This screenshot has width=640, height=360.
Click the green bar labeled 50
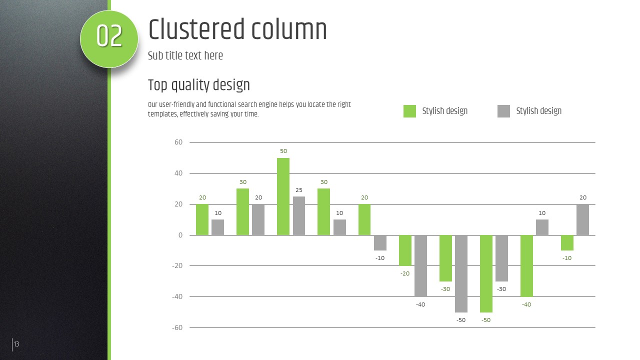[283, 196]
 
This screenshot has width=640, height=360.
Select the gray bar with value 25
[299, 215]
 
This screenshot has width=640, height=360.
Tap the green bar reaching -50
[486, 273]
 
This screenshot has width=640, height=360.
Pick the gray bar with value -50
[461, 273]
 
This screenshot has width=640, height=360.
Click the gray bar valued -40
[420, 265]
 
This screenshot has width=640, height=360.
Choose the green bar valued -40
[526, 265]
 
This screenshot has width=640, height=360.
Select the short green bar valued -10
[567, 242]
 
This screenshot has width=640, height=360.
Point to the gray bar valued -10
[380, 242]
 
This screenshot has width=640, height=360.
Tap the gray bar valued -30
[501, 258]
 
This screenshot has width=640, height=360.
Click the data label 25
[299, 190]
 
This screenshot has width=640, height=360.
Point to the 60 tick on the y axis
[178, 142]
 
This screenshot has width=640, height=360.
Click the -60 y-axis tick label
[177, 327]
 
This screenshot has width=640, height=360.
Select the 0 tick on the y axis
[180, 235]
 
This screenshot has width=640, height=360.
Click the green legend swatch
[409, 111]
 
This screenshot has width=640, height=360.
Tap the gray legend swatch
[503, 111]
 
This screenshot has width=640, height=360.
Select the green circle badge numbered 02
[109, 38]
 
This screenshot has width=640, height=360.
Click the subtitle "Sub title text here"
[185, 55]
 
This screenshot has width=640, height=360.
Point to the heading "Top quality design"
[198, 85]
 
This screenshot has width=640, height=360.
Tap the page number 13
[16, 344]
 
